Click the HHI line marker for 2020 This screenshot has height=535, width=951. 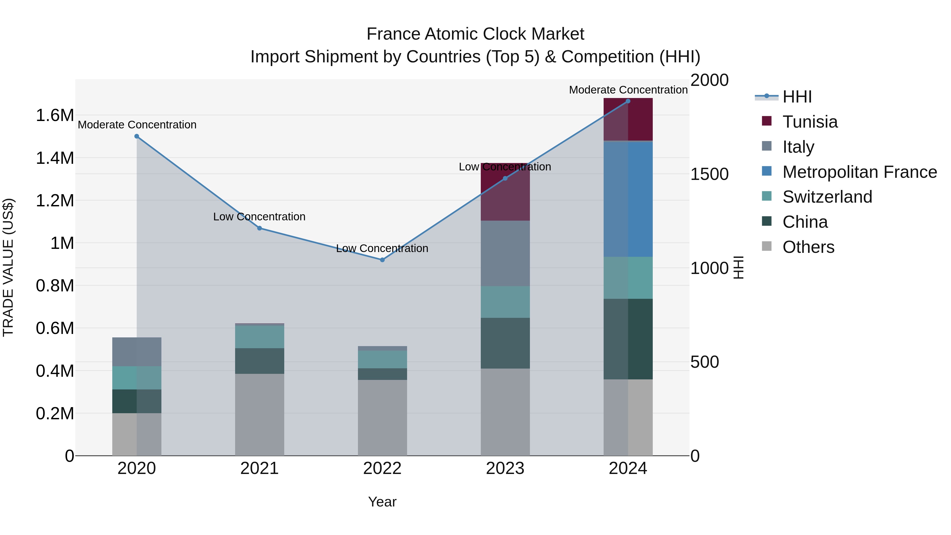click(137, 136)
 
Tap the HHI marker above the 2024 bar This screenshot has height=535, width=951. click(628, 101)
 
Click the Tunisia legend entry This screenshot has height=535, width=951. click(810, 122)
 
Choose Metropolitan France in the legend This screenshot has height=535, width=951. click(859, 172)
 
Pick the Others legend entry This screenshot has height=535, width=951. click(808, 247)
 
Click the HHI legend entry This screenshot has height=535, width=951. click(797, 97)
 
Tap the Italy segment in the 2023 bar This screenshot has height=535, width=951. click(505, 253)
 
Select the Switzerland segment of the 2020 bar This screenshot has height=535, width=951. click(137, 378)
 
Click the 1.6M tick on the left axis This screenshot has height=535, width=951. click(55, 115)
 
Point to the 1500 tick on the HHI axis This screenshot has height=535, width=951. click(709, 174)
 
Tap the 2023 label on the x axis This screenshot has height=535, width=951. click(505, 468)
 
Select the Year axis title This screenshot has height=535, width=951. click(382, 502)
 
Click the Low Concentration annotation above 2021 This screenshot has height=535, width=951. click(259, 217)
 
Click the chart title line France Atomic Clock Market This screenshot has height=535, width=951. click(475, 34)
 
